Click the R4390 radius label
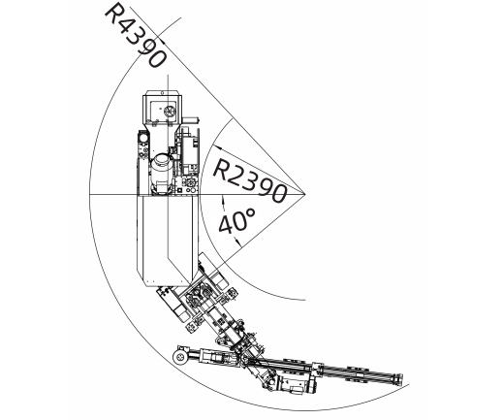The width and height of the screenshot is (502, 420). coord(136,36)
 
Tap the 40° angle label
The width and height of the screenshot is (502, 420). coord(237,220)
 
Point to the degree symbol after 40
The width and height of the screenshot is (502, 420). coord(251,212)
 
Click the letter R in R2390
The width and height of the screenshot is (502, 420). coord(222,169)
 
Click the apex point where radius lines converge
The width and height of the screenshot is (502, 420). coord(305,194)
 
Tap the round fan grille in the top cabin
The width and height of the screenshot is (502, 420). coord(170,112)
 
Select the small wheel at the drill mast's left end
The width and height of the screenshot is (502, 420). coord(179,357)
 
